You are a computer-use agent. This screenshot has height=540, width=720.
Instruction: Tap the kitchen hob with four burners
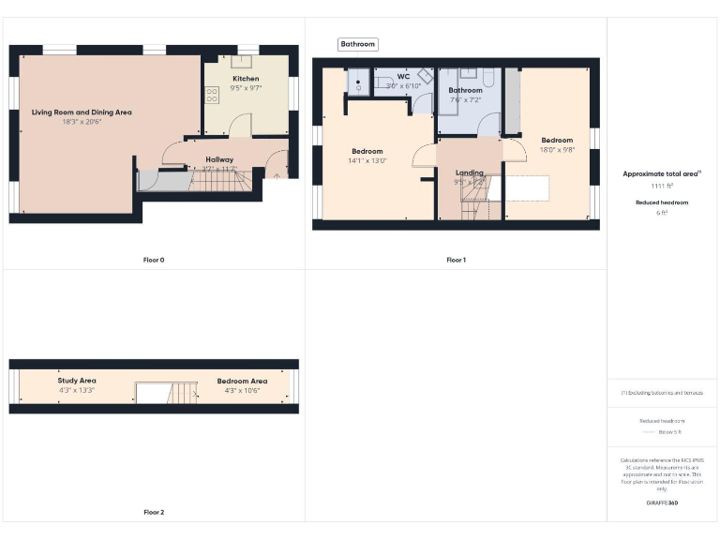[212, 94]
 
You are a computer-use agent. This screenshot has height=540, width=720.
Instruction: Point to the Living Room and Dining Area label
[82, 112]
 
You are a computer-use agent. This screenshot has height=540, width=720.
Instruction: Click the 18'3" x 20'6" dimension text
[82, 121]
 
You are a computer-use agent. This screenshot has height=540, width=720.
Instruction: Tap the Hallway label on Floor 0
[219, 159]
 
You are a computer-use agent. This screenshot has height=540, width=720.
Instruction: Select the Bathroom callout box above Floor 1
[358, 44]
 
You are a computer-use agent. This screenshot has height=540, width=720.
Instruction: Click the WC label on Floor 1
[403, 76]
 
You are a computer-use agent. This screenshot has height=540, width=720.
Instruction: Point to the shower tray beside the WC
[358, 82]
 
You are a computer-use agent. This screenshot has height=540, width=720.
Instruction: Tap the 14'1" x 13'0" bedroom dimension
[367, 160]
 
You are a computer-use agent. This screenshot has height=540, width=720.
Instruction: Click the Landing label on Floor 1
[470, 172]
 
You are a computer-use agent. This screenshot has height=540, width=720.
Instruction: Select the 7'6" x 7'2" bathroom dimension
[465, 99]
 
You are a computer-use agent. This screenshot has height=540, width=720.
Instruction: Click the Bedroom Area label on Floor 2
[242, 381]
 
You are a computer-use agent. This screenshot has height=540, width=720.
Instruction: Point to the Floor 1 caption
[456, 260]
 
